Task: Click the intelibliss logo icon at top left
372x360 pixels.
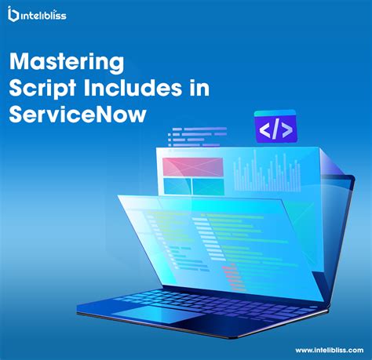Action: [13, 13]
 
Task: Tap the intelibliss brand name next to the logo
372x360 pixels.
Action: [46, 14]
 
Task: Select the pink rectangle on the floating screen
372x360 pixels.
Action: [191, 168]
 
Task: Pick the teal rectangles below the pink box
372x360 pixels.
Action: [191, 187]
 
